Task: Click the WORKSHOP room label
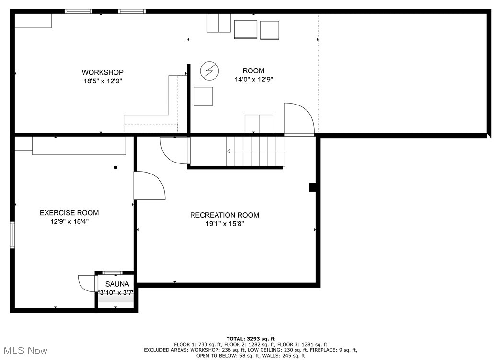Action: (102, 72)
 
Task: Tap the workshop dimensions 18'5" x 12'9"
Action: (102, 81)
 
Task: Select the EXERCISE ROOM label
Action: (69, 213)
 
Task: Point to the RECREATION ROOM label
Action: (224, 215)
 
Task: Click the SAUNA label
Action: (117, 284)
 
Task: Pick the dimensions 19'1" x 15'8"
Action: (225, 224)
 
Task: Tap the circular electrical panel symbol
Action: (210, 70)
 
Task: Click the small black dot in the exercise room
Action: (115, 167)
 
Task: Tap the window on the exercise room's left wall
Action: (12, 235)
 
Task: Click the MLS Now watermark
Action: (24, 350)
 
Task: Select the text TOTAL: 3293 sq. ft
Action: (250, 339)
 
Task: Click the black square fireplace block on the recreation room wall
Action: (312, 187)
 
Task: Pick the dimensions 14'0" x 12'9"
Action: (254, 79)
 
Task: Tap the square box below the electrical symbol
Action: (203, 96)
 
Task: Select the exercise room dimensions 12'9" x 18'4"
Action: (69, 221)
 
